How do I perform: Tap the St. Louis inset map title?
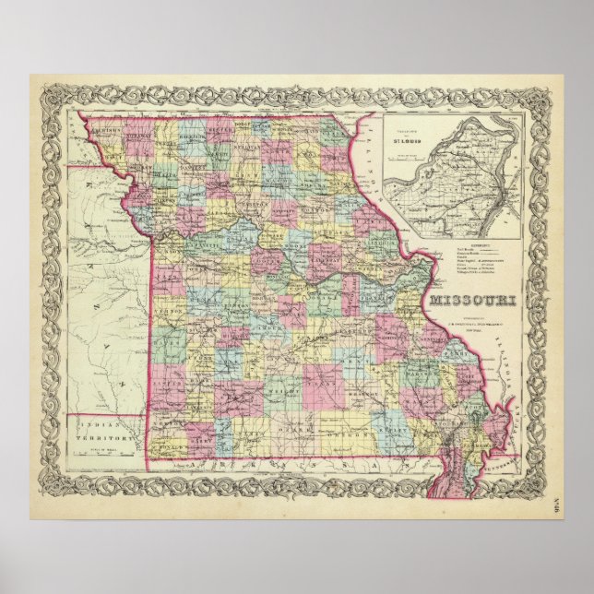tap(407, 141)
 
